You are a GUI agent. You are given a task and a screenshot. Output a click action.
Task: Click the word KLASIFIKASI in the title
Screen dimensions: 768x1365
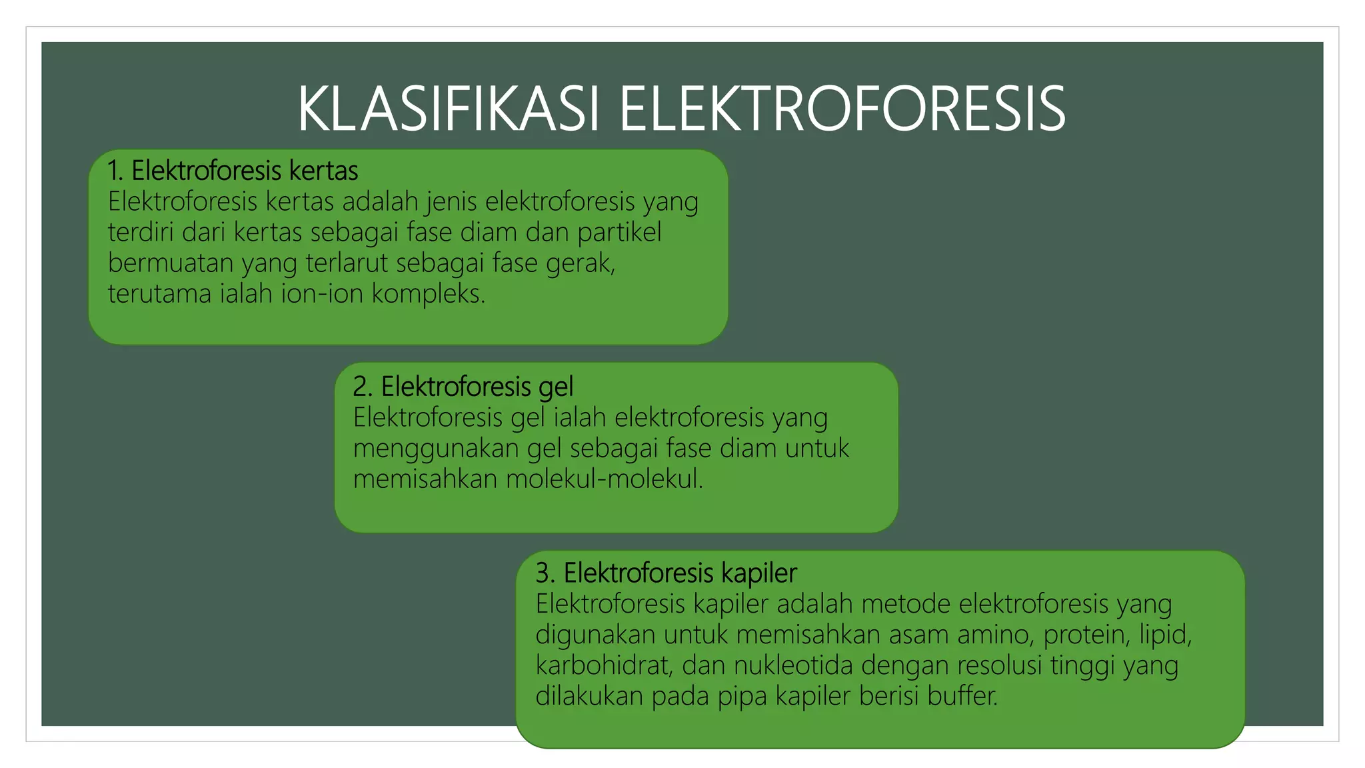(x=449, y=109)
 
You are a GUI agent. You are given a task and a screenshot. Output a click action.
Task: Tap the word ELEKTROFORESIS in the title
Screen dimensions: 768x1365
(x=842, y=109)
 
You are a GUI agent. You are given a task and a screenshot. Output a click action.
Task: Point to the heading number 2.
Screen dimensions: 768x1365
(x=361, y=387)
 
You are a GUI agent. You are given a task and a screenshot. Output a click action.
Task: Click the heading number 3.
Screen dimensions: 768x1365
(x=544, y=573)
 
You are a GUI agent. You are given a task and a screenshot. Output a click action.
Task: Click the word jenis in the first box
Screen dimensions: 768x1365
(x=453, y=201)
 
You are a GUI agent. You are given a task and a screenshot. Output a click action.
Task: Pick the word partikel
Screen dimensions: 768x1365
(x=619, y=232)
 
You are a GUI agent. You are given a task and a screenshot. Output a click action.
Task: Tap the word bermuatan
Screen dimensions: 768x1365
(x=170, y=263)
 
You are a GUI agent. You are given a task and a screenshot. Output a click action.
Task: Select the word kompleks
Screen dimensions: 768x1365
(x=428, y=293)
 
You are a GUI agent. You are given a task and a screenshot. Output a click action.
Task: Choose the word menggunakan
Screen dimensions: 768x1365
(x=436, y=448)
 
